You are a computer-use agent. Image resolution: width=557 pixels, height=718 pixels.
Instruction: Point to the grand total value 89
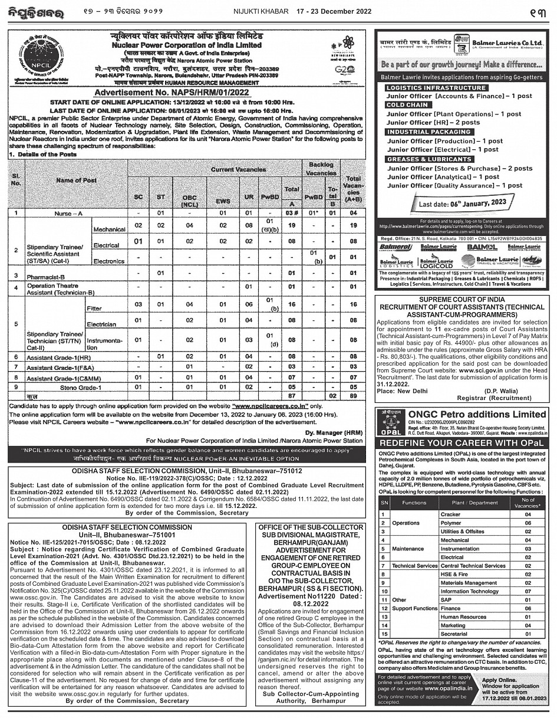coord(352,396)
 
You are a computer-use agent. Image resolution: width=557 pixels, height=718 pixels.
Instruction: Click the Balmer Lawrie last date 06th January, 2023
coord(463,203)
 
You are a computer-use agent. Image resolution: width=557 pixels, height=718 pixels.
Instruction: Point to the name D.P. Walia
coord(500,391)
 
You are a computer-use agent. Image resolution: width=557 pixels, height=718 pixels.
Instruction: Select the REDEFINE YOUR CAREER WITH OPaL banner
coord(461,442)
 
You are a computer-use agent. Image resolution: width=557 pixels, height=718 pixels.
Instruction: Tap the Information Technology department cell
coord(469,591)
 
